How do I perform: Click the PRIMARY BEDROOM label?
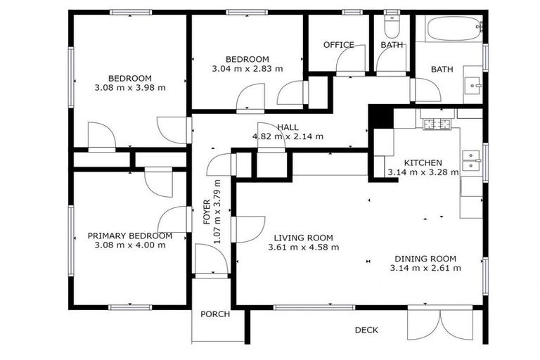click(129, 236)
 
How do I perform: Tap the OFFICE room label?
click(338, 45)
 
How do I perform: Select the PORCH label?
click(215, 314)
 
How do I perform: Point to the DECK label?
click(366, 330)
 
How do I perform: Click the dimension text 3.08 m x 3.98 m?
click(129, 88)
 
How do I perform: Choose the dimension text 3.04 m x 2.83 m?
click(247, 69)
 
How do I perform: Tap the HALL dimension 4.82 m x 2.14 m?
click(288, 136)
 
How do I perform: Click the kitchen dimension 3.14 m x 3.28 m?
click(423, 172)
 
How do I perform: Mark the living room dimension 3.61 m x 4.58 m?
click(304, 247)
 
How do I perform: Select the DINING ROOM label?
click(425, 258)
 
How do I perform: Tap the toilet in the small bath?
click(392, 27)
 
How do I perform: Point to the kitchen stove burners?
click(436, 124)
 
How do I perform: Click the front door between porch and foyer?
click(210, 260)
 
